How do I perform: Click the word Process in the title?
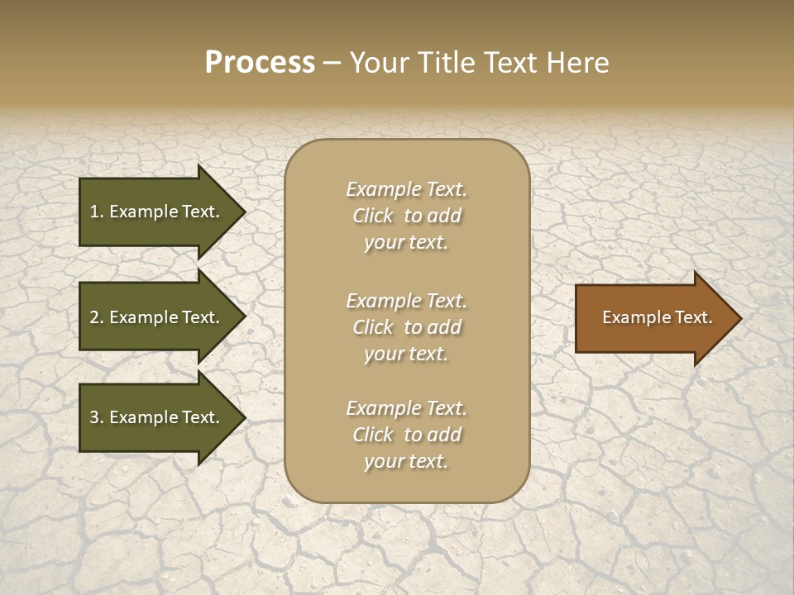click(260, 63)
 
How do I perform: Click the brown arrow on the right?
click(653, 318)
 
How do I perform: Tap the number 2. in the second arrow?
click(97, 317)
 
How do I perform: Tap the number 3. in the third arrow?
click(97, 417)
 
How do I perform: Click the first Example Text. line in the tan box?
click(407, 189)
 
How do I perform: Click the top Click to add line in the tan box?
click(407, 217)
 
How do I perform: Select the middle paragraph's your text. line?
click(407, 354)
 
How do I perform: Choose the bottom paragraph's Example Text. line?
click(407, 408)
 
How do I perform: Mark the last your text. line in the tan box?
click(407, 462)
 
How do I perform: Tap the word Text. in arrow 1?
click(200, 212)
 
